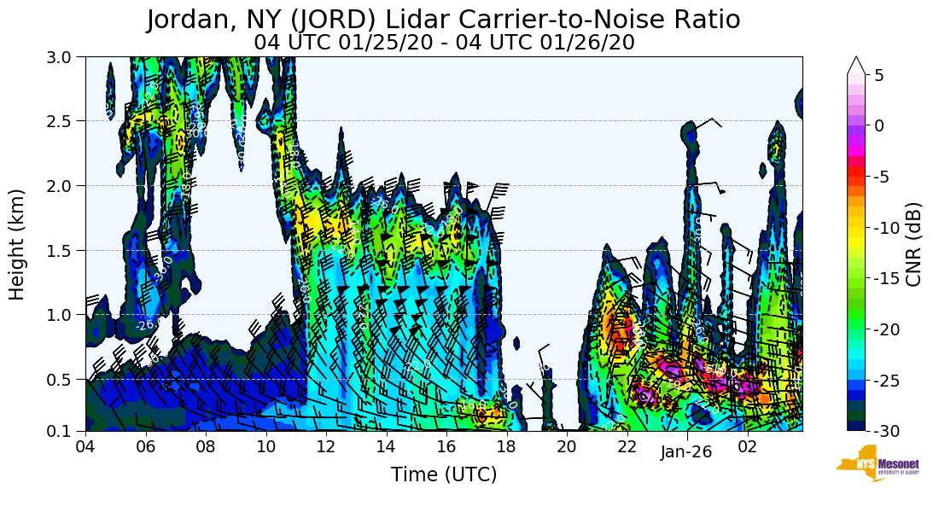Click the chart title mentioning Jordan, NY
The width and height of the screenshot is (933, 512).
(443, 20)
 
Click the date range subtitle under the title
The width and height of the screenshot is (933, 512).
(444, 42)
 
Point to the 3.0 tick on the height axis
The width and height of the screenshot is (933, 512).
(65, 57)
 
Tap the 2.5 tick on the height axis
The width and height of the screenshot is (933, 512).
(65, 121)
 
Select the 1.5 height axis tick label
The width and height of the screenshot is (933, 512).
(65, 250)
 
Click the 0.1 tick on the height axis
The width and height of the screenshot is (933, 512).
(65, 431)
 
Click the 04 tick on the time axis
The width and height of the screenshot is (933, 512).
(85, 446)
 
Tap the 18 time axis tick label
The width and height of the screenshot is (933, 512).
(506, 446)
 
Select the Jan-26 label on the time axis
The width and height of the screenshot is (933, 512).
(686, 452)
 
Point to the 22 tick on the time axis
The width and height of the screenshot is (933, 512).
(627, 446)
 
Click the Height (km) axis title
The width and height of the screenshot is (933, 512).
(18, 244)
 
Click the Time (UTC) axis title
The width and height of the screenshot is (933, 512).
(444, 474)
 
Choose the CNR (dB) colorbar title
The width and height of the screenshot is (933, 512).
(914, 244)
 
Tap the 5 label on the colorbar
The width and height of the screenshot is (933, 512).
(878, 75)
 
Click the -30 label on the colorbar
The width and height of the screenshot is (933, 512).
(885, 430)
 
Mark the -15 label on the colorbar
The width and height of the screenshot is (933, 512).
(885, 278)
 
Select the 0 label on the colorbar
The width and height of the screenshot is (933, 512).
(878, 125)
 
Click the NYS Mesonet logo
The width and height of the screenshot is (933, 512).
(878, 463)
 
